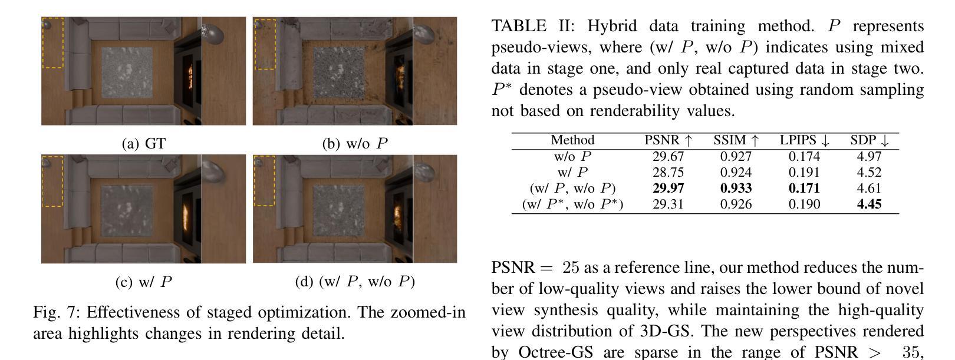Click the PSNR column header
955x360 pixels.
pyautogui.click(x=668, y=141)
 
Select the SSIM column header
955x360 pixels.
pyautogui.click(x=736, y=141)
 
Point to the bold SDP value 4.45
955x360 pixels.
pyautogui.click(x=870, y=204)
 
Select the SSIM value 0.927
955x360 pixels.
pyautogui.click(x=736, y=157)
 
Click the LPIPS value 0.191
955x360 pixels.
pyautogui.click(x=804, y=173)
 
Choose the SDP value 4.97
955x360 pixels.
pyautogui.click(x=870, y=157)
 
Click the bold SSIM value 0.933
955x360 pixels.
pyautogui.click(x=736, y=189)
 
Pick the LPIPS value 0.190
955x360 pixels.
pyautogui.click(x=804, y=204)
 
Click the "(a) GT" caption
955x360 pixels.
pyautogui.click(x=143, y=144)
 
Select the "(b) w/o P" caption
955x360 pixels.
pyautogui.click(x=355, y=144)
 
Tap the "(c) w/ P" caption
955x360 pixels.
pyautogui.click(x=143, y=282)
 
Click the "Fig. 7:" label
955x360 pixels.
pyautogui.click(x=57, y=312)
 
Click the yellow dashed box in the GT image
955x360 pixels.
pyautogui.click(x=53, y=43)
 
